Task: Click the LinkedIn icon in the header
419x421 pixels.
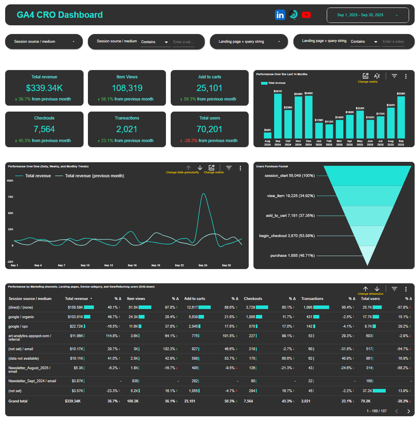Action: tap(280, 15)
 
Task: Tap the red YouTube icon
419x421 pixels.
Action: tap(306, 15)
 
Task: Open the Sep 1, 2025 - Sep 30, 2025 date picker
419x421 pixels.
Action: tap(368, 15)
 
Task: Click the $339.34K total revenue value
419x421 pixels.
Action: tap(44, 88)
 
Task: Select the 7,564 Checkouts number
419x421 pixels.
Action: tap(44, 129)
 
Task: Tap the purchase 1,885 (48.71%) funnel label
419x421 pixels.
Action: tap(293, 256)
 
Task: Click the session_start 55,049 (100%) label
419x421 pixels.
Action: tap(289, 175)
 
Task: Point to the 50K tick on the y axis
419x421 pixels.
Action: tap(10, 213)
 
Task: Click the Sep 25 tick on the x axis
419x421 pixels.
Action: tap(203, 265)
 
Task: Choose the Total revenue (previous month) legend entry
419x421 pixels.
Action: tap(94, 176)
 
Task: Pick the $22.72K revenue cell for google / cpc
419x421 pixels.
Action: tap(74, 326)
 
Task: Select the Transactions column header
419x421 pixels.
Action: tap(312, 299)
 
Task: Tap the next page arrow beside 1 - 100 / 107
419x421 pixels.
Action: tap(409, 411)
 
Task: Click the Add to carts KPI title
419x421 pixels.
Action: tap(209, 77)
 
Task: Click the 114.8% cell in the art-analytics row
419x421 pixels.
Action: tap(112, 336)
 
